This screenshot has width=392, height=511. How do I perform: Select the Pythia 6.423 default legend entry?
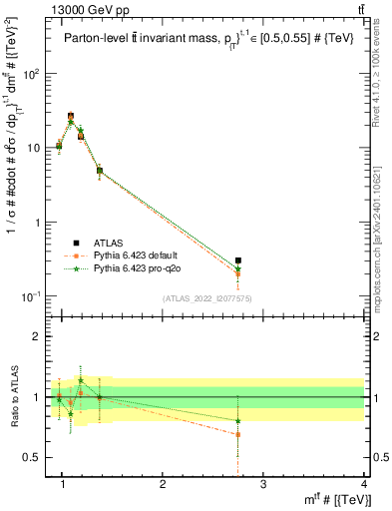pos(141,255)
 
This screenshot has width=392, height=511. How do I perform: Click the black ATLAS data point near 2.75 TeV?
pos(265,260)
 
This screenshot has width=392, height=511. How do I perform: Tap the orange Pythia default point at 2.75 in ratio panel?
pos(265,434)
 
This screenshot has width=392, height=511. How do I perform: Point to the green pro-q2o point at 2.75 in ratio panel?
pos(265,420)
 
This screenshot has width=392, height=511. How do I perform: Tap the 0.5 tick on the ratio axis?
pos(38,457)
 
